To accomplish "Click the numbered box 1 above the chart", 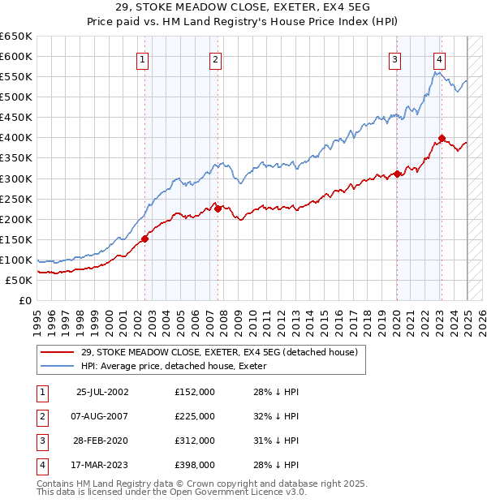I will click(142, 58).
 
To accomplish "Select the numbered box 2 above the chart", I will click(215, 58).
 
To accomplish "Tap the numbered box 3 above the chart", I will click(394, 58).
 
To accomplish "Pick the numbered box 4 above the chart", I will click(439, 58).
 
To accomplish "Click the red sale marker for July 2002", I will click(144, 239).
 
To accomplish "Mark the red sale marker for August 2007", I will click(218, 209).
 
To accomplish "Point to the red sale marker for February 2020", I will click(397, 173).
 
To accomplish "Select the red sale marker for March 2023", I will click(442, 138).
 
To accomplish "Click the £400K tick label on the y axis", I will click(16, 137).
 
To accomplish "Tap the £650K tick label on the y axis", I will click(16, 37).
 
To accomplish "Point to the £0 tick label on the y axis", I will click(24, 300).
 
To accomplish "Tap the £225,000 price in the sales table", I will click(195, 416).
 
